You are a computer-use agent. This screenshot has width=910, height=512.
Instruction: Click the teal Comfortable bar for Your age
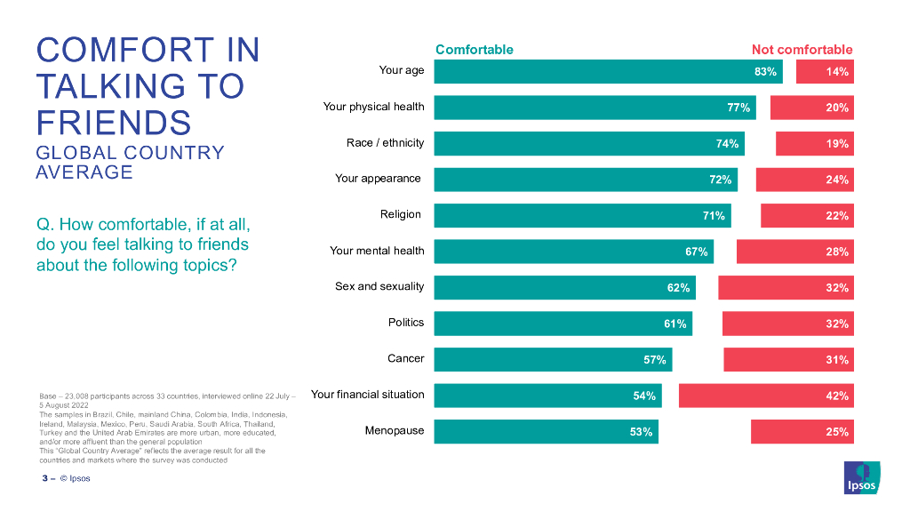(x=608, y=71)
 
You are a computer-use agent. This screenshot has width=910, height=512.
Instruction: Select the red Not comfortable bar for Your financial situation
(x=766, y=396)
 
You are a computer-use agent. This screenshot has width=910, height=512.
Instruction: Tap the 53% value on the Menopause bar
(x=641, y=432)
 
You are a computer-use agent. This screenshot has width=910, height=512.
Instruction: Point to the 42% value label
(x=836, y=396)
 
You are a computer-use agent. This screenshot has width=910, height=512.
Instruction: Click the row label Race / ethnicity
(x=385, y=143)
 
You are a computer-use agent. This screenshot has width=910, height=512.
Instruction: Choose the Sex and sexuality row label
(x=379, y=286)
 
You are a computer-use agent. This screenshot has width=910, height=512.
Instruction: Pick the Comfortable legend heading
(x=474, y=50)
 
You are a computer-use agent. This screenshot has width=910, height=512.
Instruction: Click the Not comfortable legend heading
(x=802, y=50)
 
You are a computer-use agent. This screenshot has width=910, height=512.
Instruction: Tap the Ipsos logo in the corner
(x=861, y=477)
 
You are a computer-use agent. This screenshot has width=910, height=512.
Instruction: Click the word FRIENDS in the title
(x=113, y=121)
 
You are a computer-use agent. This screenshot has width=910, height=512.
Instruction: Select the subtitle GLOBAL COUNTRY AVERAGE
(x=130, y=162)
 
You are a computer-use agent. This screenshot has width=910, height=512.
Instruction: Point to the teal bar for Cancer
(x=553, y=359)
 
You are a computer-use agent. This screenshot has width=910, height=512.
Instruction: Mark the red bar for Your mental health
(x=794, y=252)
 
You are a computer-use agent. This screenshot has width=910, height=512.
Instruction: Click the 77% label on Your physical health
(x=738, y=108)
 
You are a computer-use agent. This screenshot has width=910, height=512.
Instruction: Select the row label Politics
(x=406, y=323)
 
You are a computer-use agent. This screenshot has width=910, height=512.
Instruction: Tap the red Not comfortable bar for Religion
(x=807, y=215)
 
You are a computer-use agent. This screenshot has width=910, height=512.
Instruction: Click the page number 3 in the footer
(x=44, y=478)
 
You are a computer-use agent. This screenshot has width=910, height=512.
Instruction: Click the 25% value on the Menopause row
(x=836, y=432)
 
